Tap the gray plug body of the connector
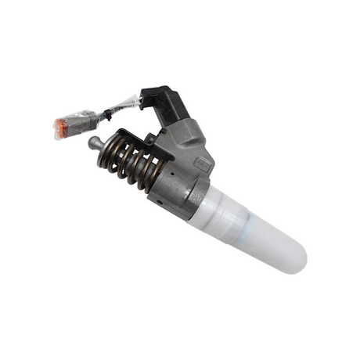point(81,122)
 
